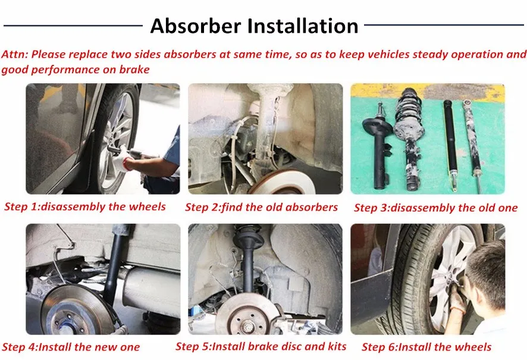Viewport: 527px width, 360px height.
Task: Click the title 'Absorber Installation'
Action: tap(254, 26)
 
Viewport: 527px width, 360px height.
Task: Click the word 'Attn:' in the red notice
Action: tap(14, 54)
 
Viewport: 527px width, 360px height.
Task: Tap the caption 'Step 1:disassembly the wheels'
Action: tap(85, 207)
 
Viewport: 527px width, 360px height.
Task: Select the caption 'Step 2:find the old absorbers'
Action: tap(261, 207)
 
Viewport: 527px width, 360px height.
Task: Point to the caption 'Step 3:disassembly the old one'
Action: tap(435, 208)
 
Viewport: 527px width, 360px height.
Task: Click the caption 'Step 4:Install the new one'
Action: tap(71, 347)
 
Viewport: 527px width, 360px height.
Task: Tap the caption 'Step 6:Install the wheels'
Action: tap(426, 347)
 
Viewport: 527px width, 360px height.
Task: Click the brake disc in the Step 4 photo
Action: tap(74, 309)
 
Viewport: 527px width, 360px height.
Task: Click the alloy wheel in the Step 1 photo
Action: tap(116, 140)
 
